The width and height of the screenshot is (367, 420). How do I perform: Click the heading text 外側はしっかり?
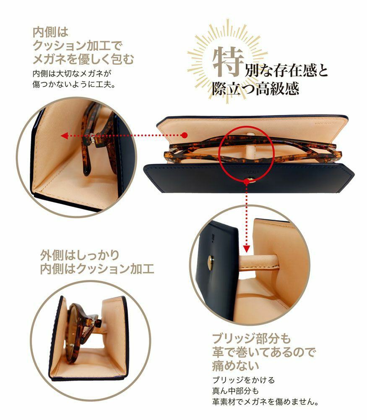point(80,255)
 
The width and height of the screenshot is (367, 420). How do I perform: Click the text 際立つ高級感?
point(255,89)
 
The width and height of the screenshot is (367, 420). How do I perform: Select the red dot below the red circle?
point(247,181)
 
